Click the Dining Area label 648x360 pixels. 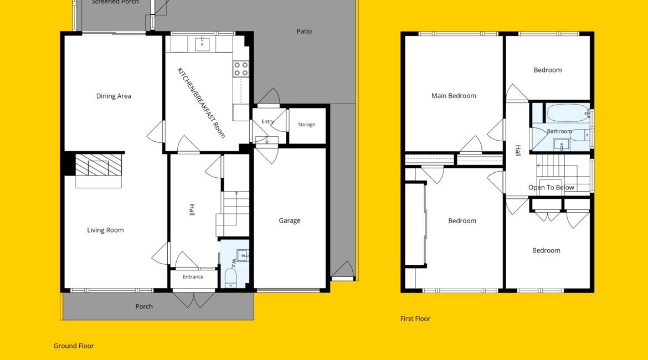[x=114, y=96]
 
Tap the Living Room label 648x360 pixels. [x=105, y=230]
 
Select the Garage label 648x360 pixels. [x=289, y=221]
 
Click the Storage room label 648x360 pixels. [x=307, y=125]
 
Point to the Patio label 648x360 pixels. [x=304, y=31]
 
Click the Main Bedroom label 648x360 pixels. [x=454, y=96]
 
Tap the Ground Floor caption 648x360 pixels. [x=74, y=346]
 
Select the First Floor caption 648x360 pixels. [x=415, y=318]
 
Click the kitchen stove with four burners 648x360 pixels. [x=241, y=69]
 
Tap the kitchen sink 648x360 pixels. [x=202, y=44]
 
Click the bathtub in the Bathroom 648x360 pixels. [x=568, y=113]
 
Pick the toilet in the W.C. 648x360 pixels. [x=230, y=277]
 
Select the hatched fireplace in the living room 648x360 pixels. [x=99, y=164]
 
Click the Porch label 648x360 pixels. [x=144, y=307]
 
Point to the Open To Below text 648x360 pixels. [x=551, y=188]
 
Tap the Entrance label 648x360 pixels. [x=193, y=277]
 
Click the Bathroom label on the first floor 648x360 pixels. [x=559, y=131]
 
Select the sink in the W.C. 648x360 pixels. [x=243, y=255]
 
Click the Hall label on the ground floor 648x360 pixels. [x=192, y=209]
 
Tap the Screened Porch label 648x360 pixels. [x=115, y=2]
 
